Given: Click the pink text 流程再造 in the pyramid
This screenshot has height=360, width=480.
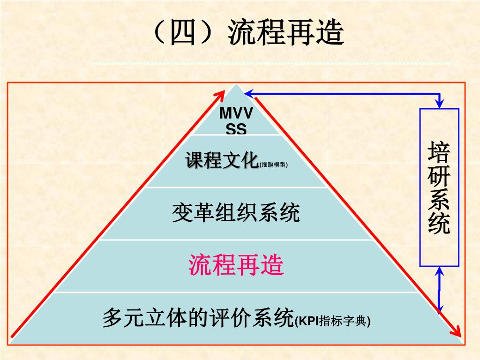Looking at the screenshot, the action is click(x=236, y=265).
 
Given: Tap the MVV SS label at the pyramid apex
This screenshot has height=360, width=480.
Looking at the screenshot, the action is click(x=236, y=121).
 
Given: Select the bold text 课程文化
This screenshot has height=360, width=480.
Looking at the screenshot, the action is click(x=222, y=160).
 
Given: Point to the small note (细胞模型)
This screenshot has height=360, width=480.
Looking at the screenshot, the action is click(x=274, y=165).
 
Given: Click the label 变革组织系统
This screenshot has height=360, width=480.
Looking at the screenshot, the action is click(x=236, y=214).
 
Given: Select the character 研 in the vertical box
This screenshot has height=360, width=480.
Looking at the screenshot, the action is click(x=439, y=177).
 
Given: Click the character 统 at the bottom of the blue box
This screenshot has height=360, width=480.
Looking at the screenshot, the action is click(x=439, y=223).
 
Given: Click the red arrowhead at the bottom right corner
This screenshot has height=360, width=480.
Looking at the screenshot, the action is click(x=456, y=331).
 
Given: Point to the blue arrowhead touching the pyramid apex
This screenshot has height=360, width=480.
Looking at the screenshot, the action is click(x=248, y=94).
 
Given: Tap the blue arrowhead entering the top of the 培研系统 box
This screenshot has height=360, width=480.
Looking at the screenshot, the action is click(x=439, y=103).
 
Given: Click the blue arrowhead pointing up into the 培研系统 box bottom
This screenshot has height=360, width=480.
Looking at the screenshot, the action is click(x=439, y=271).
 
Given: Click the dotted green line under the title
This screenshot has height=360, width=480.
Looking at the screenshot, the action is click(x=272, y=62).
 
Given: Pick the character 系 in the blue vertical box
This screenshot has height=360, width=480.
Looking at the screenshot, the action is click(x=439, y=200).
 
